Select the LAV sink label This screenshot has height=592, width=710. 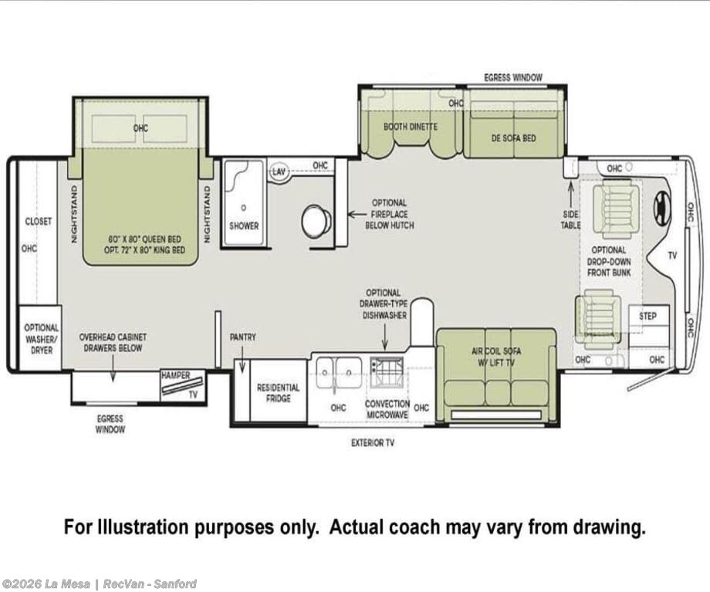tap(279, 172)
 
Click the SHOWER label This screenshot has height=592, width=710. tap(244, 225)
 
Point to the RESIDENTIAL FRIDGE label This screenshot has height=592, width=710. tap(278, 393)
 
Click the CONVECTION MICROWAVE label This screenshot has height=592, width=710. tap(387, 409)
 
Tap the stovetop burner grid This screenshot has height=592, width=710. tap(386, 373)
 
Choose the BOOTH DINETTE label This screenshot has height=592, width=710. tap(411, 127)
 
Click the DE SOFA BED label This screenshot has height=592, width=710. tap(513, 138)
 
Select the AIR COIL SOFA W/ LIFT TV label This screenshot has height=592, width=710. tap(496, 357)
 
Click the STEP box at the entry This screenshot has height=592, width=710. tap(648, 316)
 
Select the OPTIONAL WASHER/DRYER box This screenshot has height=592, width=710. tap(40, 338)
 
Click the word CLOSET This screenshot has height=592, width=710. tap(39, 222)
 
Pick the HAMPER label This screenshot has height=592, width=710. tap(176, 375)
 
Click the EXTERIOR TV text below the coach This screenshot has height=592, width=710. tap(373, 442)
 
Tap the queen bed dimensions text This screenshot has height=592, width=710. tap(145, 245)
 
